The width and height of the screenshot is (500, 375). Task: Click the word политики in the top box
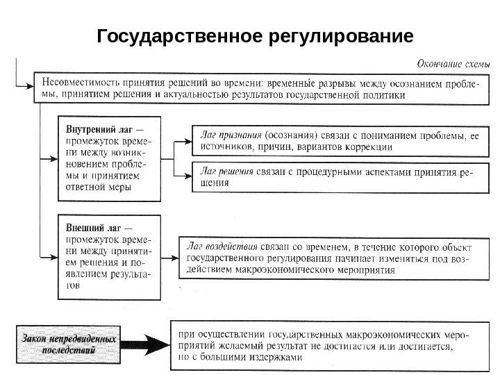coord(381,97)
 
